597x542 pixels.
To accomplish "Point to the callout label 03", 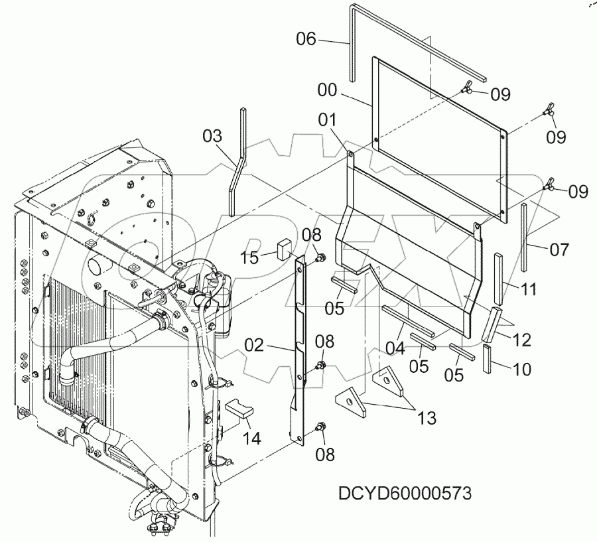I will tap(212, 137).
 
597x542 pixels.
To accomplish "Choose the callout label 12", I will tap(521, 340).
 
